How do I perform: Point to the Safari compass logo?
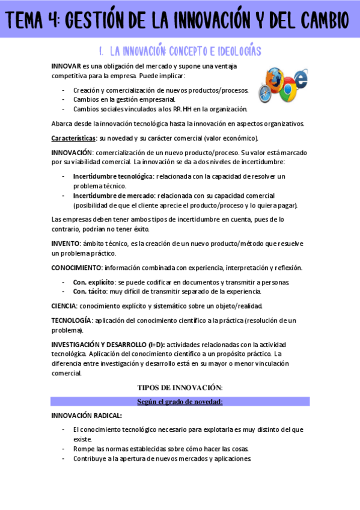point(268,92)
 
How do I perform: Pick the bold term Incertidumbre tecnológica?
point(113,176)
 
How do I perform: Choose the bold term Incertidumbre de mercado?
point(114,195)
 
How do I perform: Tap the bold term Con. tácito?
point(90,292)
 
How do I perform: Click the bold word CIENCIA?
point(64,306)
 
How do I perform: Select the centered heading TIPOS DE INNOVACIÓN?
point(180,387)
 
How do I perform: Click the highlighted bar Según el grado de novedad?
point(180,401)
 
